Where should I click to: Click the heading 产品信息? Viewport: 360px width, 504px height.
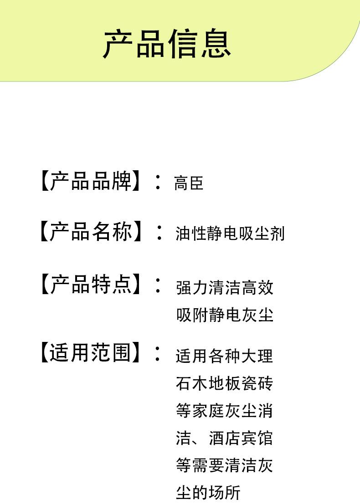(167, 44)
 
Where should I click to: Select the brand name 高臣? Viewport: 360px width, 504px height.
(188, 183)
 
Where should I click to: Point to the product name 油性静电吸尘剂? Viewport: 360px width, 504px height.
(230, 234)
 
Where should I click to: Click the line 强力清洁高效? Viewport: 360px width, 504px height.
(225, 288)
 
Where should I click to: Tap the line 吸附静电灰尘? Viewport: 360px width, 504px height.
(225, 315)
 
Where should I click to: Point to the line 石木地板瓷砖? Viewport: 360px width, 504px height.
(225, 383)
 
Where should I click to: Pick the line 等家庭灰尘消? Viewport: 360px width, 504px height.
(225, 411)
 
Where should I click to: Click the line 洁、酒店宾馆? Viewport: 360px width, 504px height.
(225, 438)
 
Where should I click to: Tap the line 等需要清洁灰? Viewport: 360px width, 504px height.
(225, 465)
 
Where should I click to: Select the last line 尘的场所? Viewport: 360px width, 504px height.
(208, 493)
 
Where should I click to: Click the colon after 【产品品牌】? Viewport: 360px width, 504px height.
(158, 182)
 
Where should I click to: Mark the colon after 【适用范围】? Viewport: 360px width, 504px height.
(158, 353)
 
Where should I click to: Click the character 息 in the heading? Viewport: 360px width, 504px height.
(216, 44)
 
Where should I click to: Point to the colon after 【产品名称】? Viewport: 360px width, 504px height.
(158, 232)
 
